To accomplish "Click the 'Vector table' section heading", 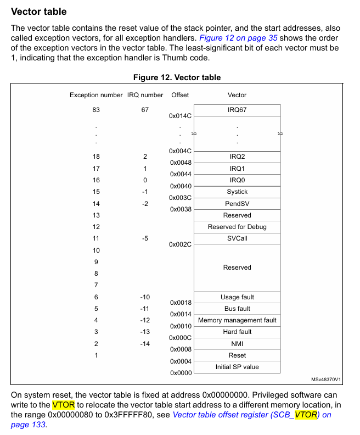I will coord(39,12).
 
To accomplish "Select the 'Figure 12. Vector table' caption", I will coord(177,77).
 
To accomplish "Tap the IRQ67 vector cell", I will coord(237,110).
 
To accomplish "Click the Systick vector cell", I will coord(237,192).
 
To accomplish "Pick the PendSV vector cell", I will coord(237,204).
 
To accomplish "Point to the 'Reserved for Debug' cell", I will coord(237,227).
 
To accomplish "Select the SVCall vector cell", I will coord(237,238).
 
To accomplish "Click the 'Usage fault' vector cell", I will coord(237,297).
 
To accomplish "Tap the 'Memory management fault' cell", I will coord(237,320).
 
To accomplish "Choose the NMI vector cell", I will coord(237,344).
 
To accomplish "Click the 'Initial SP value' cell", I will coord(237,367).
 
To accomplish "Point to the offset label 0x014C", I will coord(181,116).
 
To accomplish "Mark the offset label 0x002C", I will coord(181,244).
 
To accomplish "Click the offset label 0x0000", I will coord(181,373).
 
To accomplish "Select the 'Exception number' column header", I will coord(96,95).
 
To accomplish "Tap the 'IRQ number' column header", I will coord(145,95).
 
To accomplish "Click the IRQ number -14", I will coord(145,344).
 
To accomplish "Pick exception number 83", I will coord(96,110).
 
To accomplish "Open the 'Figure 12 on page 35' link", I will coord(238,38).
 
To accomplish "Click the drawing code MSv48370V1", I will coord(326,380).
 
